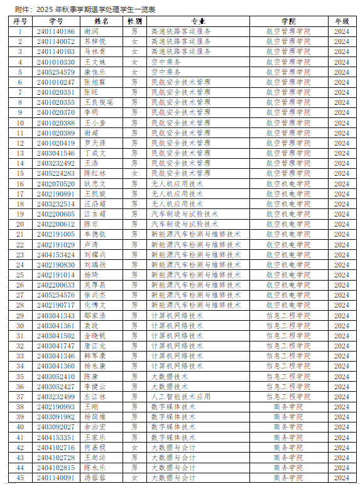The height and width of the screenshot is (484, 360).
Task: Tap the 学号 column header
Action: (55, 21)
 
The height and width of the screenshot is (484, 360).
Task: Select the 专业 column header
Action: (198, 21)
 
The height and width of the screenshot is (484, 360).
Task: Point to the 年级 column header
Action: (341, 21)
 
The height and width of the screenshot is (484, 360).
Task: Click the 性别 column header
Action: (134, 21)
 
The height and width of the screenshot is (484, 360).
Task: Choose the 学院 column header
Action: (288, 21)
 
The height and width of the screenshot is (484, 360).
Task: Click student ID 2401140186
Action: (55, 31)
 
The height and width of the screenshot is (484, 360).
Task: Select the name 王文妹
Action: (95, 62)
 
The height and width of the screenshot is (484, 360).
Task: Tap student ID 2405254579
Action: (55, 72)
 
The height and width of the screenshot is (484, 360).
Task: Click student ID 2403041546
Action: (55, 153)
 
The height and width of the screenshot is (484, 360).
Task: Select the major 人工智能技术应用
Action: (181, 397)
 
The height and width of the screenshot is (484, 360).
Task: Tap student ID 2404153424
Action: (55, 255)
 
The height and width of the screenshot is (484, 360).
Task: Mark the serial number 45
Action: (20, 478)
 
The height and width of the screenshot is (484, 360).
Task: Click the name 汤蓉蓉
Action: (95, 478)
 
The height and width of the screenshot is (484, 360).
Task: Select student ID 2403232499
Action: (55, 397)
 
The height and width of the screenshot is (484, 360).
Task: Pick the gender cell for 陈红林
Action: (134, 173)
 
